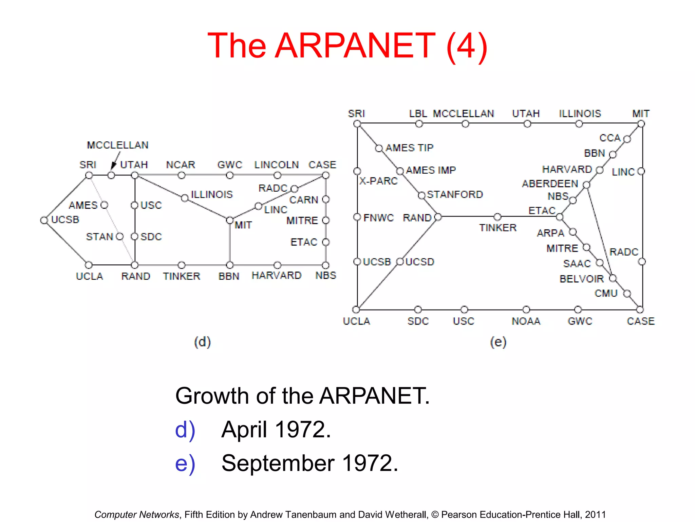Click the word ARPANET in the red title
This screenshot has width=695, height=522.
355,46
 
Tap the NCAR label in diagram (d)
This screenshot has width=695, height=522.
181,165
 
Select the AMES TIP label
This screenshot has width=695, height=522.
410,148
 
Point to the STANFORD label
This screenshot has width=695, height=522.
455,194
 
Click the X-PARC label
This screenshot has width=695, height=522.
378,181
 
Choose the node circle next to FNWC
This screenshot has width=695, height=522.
357,217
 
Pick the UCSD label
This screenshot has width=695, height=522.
420,262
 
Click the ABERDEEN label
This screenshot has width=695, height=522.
550,184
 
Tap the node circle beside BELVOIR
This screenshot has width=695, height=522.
613,279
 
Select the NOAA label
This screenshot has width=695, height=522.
526,321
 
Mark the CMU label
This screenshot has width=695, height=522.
606,293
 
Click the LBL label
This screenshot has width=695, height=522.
418,114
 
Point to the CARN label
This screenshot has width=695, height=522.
304,200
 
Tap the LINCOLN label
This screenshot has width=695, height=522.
277,165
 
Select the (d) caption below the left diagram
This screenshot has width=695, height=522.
202,342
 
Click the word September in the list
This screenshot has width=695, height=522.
278,463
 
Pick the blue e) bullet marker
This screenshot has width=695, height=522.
185,464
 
